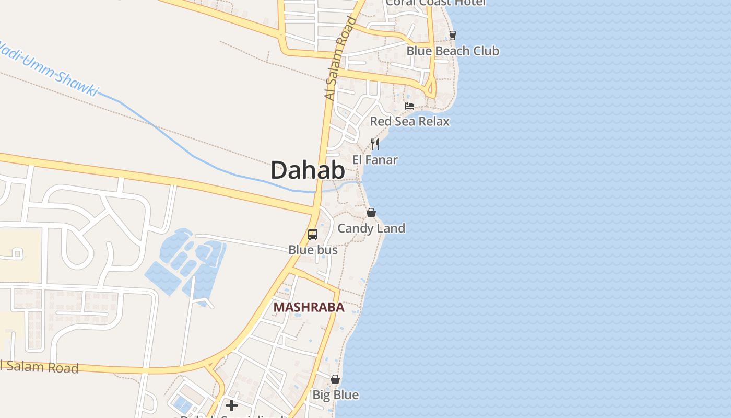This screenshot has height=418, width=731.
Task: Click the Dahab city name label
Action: coord(308,170)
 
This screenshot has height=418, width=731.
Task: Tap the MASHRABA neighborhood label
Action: coord(309,307)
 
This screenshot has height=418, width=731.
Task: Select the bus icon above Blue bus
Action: coord(313,235)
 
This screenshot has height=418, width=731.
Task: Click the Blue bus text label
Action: coord(313,250)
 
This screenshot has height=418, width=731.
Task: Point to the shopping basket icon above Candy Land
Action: coord(371,213)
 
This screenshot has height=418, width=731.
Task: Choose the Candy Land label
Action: coord(371,228)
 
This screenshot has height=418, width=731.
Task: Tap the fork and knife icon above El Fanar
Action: coord(375,144)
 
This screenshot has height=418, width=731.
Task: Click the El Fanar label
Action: coord(375,160)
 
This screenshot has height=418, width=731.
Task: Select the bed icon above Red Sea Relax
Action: coord(409,106)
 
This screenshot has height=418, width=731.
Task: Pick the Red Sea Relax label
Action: coord(409,121)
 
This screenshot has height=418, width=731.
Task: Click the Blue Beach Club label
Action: coord(453,51)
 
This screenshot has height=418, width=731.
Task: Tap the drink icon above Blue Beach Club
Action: coord(453,36)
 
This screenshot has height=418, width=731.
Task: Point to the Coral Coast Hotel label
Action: coord(435,3)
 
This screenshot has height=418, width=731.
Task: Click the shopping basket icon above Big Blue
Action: coord(335,379)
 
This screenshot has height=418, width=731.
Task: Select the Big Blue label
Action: coord(335,395)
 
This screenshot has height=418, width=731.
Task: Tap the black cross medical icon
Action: coord(232,405)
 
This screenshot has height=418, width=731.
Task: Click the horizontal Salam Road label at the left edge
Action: coord(39,367)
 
